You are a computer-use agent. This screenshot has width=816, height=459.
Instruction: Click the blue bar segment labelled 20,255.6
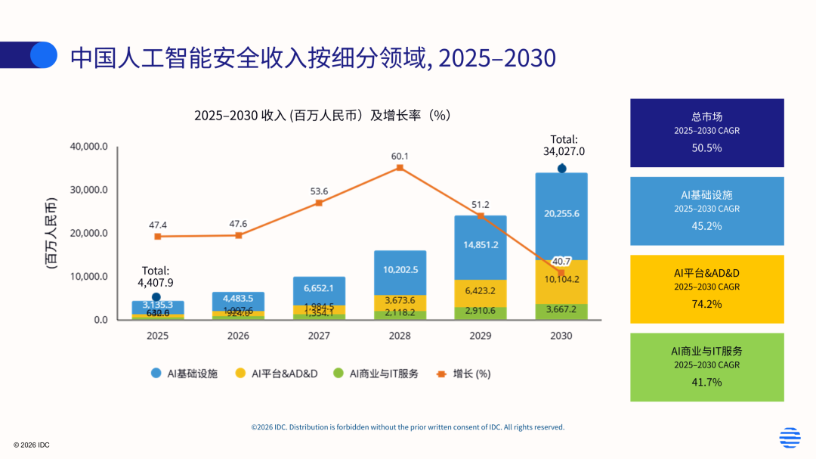point(561,214)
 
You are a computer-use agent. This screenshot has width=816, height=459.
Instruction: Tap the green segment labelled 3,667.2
point(561,311)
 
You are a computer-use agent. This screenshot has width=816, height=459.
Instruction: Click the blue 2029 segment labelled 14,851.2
point(481,245)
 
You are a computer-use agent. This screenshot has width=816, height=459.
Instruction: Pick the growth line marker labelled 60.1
point(400,168)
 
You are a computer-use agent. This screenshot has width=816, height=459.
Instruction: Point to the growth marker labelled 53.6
point(319,203)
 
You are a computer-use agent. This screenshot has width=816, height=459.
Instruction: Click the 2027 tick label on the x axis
point(319,335)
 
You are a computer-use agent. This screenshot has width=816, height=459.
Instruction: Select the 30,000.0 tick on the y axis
point(89,190)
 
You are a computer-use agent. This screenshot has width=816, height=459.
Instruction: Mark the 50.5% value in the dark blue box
point(706,147)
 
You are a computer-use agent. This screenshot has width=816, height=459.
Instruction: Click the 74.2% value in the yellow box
point(706,304)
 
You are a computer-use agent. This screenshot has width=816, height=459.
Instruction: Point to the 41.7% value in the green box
point(706,382)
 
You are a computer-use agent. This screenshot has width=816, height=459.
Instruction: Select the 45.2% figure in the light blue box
point(706,225)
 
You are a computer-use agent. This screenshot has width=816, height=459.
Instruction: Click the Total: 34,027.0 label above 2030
point(564,145)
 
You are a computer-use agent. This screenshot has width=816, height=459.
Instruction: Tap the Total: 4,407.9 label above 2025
point(156,277)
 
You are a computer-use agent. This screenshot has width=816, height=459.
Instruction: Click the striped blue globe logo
point(790,438)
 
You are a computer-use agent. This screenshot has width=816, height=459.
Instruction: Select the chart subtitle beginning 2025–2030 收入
point(322,116)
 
